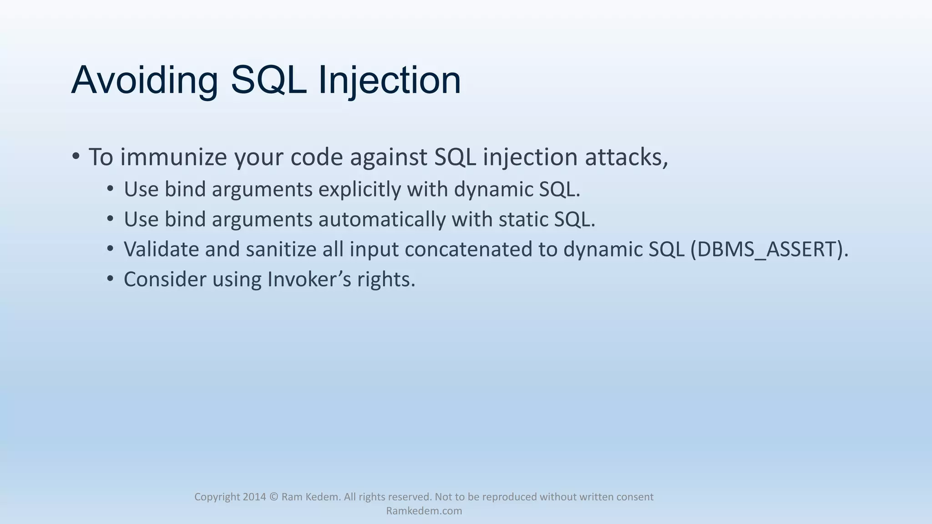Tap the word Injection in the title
click(389, 81)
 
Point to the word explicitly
click(360, 189)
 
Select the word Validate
click(161, 249)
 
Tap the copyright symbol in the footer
click(274, 497)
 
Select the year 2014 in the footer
click(254, 497)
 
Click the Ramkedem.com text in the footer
click(424, 511)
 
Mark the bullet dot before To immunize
click(76, 157)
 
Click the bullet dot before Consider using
click(110, 278)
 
